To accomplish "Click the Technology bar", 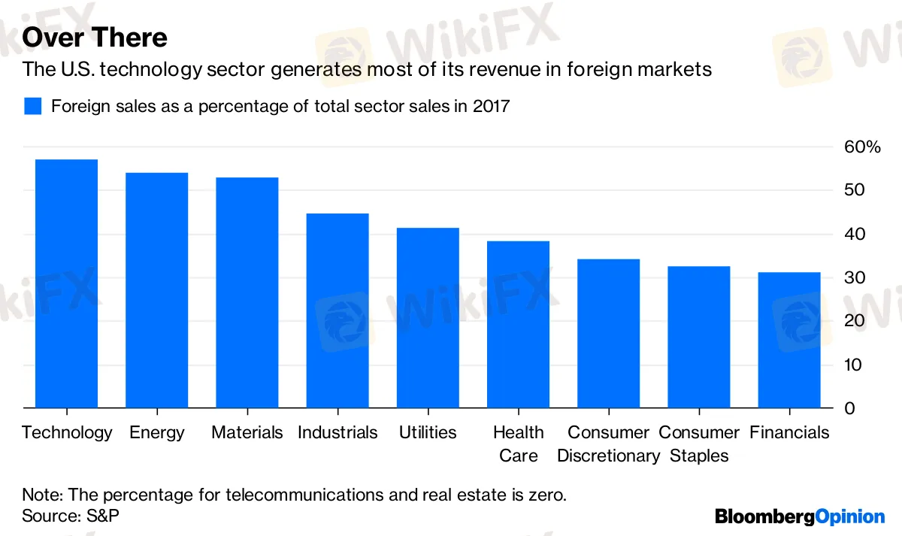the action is tap(66, 283).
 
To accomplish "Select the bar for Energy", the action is tap(156, 290).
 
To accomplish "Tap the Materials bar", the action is tap(247, 292).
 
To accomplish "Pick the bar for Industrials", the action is tap(337, 310).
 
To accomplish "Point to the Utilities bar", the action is tap(428, 318).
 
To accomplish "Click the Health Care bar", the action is tap(518, 325).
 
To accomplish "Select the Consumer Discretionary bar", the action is tap(608, 334).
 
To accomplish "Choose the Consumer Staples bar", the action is tap(699, 337).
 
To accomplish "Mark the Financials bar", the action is tap(789, 340).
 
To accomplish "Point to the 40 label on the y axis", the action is tap(855, 234).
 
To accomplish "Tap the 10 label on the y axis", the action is tap(853, 365).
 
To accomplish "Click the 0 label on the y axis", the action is tap(849, 408).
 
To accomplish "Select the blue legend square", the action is tap(32, 106).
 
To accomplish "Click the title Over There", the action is tap(95, 37).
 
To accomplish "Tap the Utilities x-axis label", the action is tap(428, 432).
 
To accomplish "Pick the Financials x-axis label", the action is tap(789, 432).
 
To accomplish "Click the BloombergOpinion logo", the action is tap(800, 516).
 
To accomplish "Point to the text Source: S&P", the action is tap(71, 516).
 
